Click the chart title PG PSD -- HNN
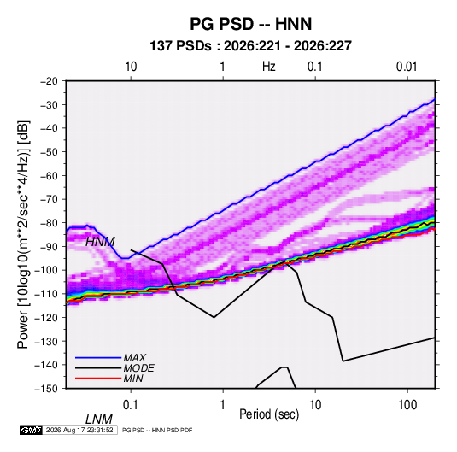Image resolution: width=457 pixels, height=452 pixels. click(251, 24)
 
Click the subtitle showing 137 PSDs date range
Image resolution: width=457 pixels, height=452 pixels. click(250, 46)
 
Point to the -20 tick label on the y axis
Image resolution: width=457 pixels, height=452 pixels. click(49, 81)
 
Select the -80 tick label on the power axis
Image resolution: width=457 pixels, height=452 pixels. click(49, 223)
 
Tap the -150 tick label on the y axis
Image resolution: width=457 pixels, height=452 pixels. click(46, 389)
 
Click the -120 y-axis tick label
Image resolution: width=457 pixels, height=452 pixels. click(46, 317)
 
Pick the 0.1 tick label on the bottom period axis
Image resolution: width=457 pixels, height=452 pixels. click(131, 405)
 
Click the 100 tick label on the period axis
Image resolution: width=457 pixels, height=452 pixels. click(407, 405)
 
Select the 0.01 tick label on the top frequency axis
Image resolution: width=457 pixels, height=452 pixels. click(407, 67)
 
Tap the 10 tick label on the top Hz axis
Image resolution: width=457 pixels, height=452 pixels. click(131, 67)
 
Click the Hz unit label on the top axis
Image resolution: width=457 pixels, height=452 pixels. click(269, 67)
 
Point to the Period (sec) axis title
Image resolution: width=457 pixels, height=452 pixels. click(269, 414)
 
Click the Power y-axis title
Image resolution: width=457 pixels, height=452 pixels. click(23, 234)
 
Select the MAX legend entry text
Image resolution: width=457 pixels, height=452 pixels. click(134, 357)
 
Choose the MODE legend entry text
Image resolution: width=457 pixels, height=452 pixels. click(138, 368)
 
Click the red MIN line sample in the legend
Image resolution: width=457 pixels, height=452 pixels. click(98, 379)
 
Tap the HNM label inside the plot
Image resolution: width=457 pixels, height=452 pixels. click(100, 242)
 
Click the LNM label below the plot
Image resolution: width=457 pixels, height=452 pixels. click(99, 420)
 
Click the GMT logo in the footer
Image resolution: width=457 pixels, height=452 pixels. click(32, 430)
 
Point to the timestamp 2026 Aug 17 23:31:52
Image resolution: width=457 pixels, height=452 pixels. click(79, 430)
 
